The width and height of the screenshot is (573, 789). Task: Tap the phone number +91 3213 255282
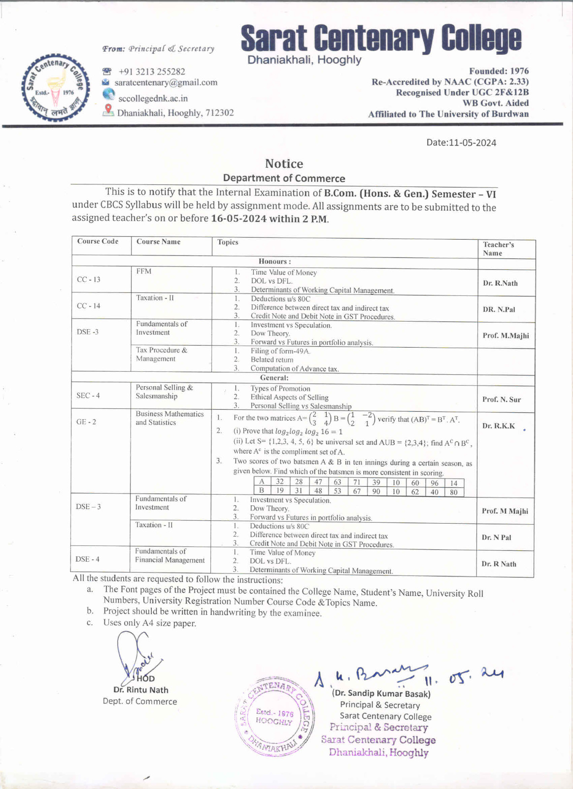[x=152, y=72]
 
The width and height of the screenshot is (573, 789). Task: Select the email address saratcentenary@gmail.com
[x=166, y=82]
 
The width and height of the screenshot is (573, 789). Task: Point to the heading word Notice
[x=284, y=164]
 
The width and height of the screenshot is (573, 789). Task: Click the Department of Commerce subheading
[x=284, y=178]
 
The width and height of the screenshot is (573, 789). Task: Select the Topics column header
[x=228, y=242]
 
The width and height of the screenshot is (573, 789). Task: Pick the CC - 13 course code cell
[x=89, y=280]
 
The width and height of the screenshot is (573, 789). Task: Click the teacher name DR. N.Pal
[x=499, y=309]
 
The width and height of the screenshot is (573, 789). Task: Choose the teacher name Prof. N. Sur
[x=501, y=399]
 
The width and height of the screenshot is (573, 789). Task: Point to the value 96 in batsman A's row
[x=434, y=483]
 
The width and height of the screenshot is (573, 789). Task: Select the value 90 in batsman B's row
[x=376, y=491]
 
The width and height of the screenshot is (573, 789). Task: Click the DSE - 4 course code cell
[x=87, y=559]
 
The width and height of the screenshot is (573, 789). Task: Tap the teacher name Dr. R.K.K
[x=498, y=426]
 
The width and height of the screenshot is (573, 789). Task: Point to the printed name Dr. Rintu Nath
[x=140, y=690]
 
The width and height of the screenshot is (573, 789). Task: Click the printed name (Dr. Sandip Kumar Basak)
[x=381, y=693]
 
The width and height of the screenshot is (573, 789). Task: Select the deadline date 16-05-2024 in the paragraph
[x=238, y=218]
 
